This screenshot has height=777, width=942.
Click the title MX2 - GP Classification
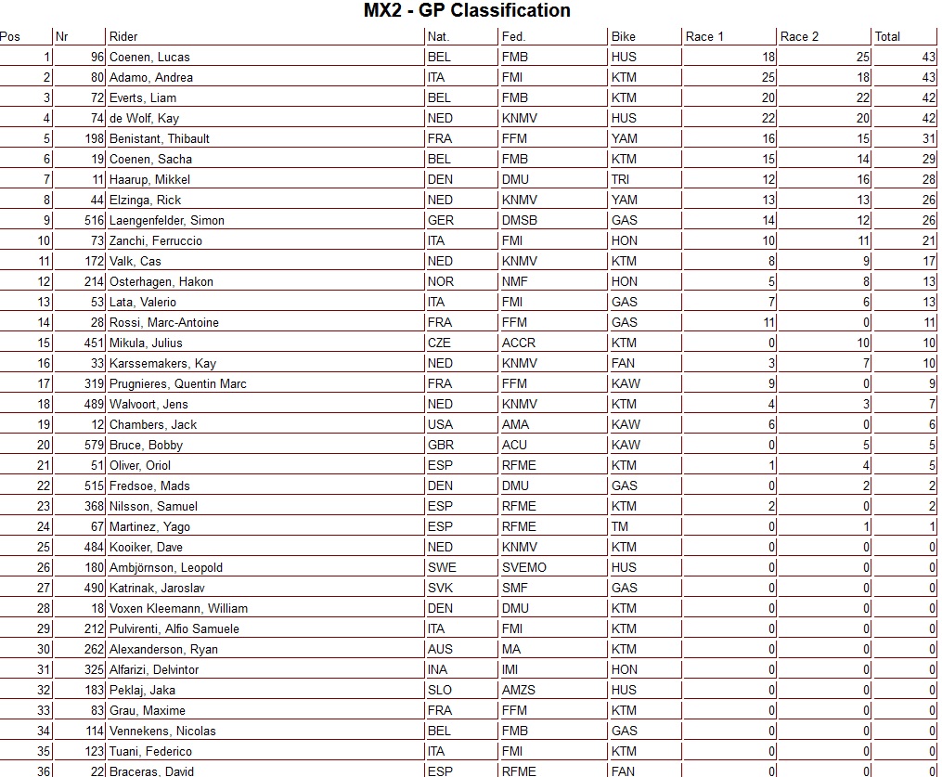[467, 11]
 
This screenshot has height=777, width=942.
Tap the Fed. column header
[513, 37]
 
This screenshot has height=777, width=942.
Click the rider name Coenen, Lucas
[149, 58]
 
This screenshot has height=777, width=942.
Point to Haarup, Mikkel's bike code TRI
[621, 180]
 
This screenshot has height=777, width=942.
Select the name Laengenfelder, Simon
[167, 221]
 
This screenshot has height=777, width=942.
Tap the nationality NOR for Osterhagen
[441, 282]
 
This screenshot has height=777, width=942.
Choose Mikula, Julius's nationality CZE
[440, 343]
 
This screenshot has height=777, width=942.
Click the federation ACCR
[518, 343]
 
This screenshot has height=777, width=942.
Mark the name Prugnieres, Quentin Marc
[177, 384]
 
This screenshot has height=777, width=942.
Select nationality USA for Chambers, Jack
[440, 425]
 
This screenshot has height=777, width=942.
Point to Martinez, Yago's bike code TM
[620, 527]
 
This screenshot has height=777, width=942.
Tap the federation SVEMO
[523, 568]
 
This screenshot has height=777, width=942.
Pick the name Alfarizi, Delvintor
[154, 670]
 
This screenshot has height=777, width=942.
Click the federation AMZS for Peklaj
[518, 691]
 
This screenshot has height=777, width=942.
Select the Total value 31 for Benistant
[927, 139]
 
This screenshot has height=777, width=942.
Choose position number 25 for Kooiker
[44, 548]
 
